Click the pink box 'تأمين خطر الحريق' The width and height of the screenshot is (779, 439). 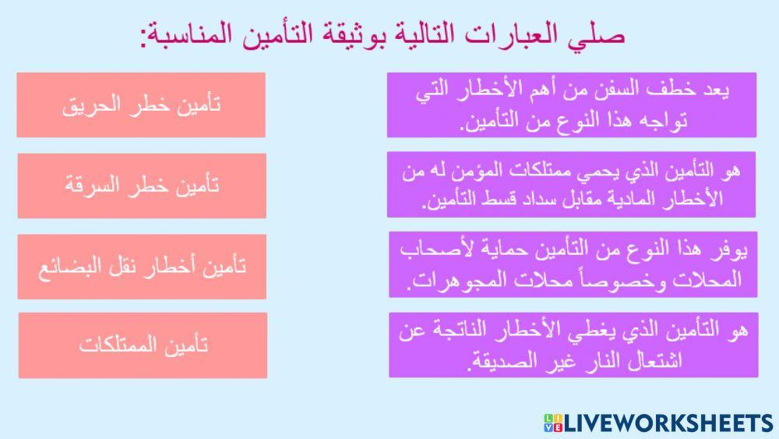pyautogui.click(x=141, y=105)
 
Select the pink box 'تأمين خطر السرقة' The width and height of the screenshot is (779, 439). pyautogui.click(x=141, y=186)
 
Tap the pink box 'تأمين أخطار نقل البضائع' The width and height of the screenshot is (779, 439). pyautogui.click(x=141, y=266)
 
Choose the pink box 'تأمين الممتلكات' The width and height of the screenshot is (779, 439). pyautogui.click(x=143, y=345)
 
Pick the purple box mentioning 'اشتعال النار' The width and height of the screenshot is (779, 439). pyautogui.click(x=572, y=345)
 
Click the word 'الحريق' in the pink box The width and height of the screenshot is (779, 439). pyautogui.click(x=94, y=106)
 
